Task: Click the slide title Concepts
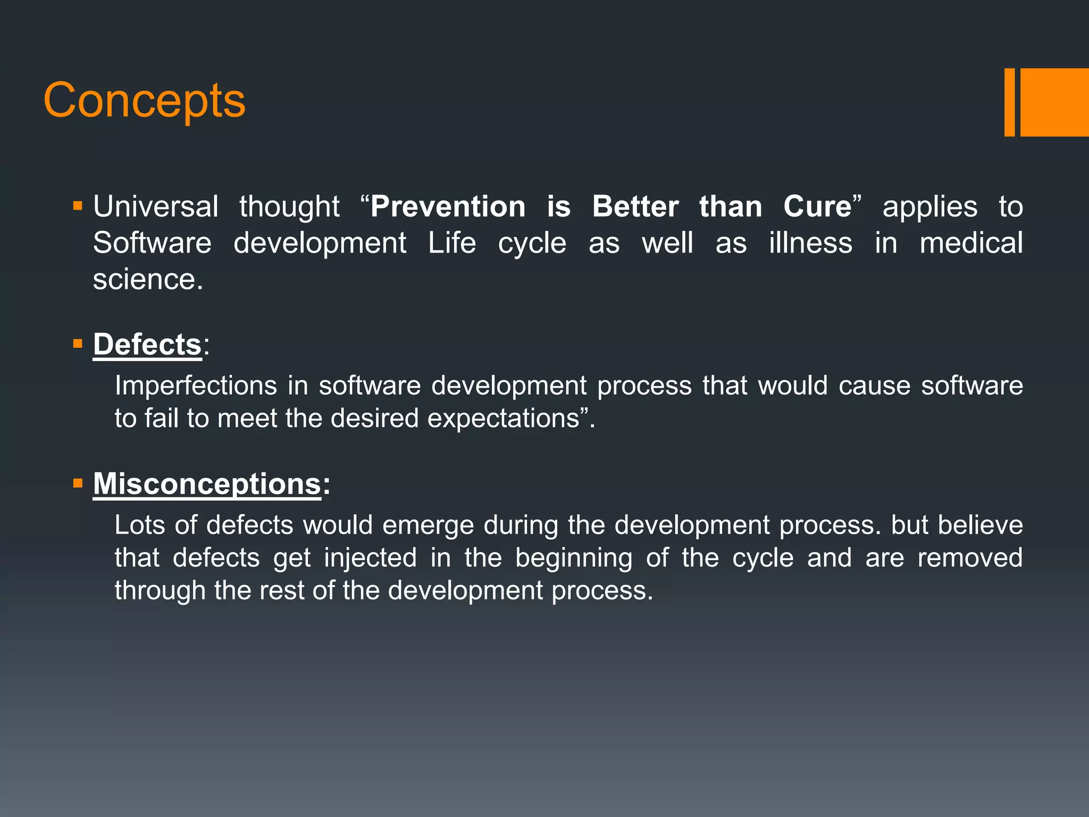144,101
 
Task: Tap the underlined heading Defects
147,344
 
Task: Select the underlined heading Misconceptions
207,484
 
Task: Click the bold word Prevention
448,206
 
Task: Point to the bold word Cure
817,206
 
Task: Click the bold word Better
635,206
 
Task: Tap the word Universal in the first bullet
155,206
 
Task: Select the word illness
810,243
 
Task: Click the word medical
971,243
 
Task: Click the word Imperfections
196,385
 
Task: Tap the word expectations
503,419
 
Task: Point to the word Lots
139,525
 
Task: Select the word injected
370,558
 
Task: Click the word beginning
574,558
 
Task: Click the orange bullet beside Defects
78,344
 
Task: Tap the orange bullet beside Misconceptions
78,483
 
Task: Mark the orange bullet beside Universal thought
78,206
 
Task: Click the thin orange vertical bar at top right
1009,102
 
